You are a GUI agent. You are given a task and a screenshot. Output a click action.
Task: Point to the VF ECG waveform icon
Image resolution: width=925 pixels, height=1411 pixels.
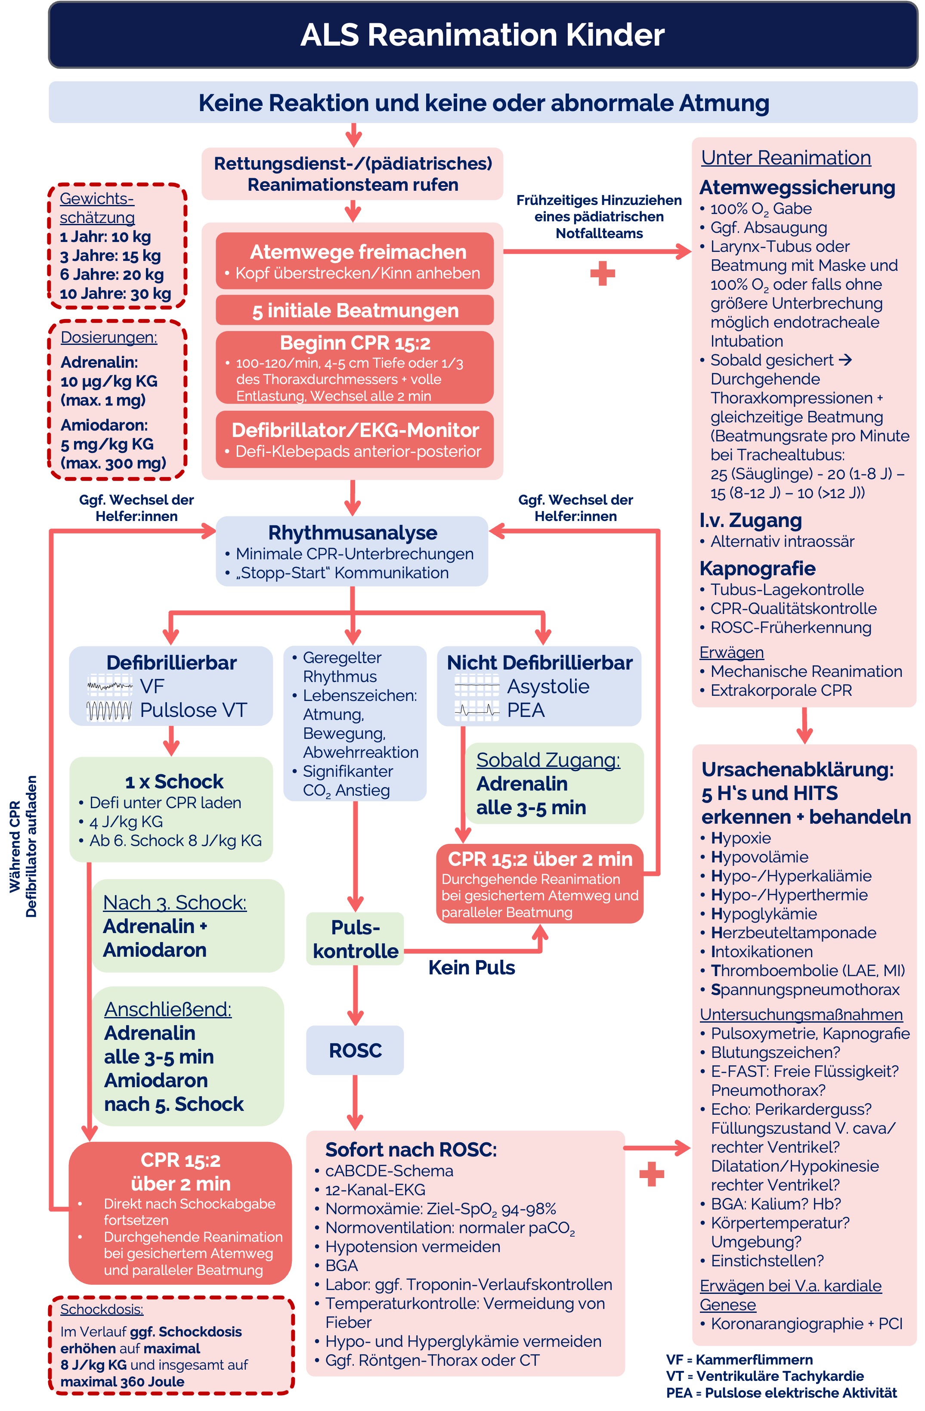(x=110, y=686)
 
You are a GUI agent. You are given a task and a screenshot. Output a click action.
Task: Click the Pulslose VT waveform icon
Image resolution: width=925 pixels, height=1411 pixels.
(x=110, y=710)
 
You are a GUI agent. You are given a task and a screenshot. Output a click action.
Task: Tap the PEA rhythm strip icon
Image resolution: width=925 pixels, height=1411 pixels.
(x=476, y=710)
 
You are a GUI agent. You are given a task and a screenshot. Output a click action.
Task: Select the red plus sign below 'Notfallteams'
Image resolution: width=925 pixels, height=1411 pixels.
(x=602, y=273)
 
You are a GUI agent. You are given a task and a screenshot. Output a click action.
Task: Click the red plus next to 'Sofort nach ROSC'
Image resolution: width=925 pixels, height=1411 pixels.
(x=651, y=1174)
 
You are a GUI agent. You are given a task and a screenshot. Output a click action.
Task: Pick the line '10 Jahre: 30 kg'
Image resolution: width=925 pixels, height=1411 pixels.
(x=115, y=294)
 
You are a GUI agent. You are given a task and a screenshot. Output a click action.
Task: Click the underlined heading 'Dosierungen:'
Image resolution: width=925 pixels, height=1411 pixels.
(x=109, y=337)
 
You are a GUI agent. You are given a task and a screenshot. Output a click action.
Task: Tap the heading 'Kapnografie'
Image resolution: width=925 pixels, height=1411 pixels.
(x=757, y=568)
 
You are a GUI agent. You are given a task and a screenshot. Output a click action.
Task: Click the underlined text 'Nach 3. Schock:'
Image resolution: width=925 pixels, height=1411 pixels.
(x=174, y=902)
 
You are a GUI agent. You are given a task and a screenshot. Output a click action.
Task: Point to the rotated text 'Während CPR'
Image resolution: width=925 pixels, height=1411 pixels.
(x=15, y=847)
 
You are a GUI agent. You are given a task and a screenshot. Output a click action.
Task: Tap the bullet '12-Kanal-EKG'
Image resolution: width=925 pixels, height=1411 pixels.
(x=374, y=1190)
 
